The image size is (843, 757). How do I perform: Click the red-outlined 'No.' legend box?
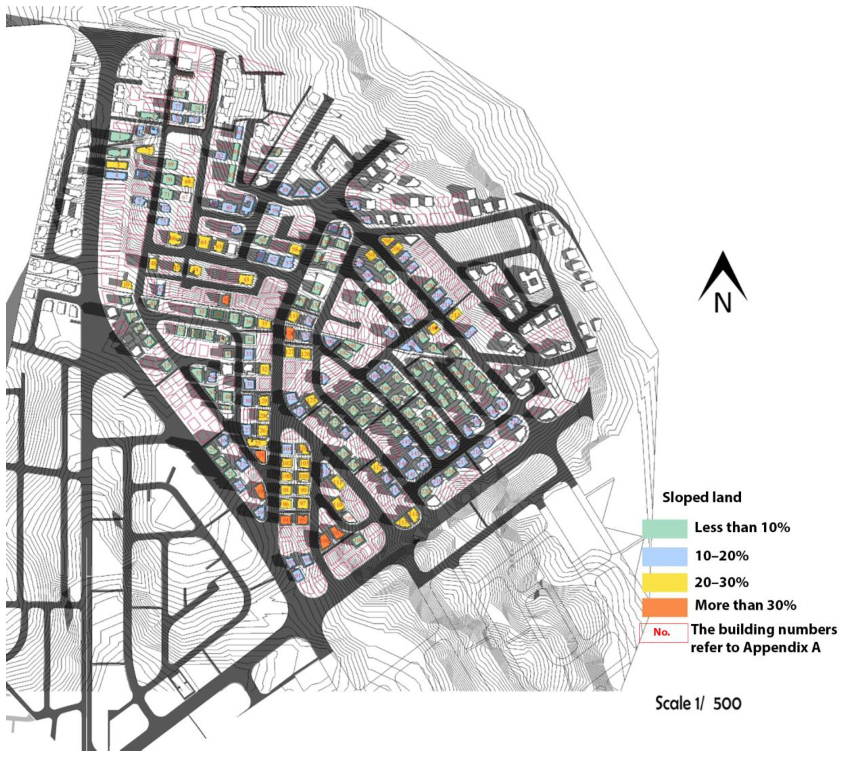tap(663, 633)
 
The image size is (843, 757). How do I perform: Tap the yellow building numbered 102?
tap(286, 463)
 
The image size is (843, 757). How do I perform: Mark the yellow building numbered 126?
tap(306, 354)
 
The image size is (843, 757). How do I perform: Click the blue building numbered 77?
tap(178, 107)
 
